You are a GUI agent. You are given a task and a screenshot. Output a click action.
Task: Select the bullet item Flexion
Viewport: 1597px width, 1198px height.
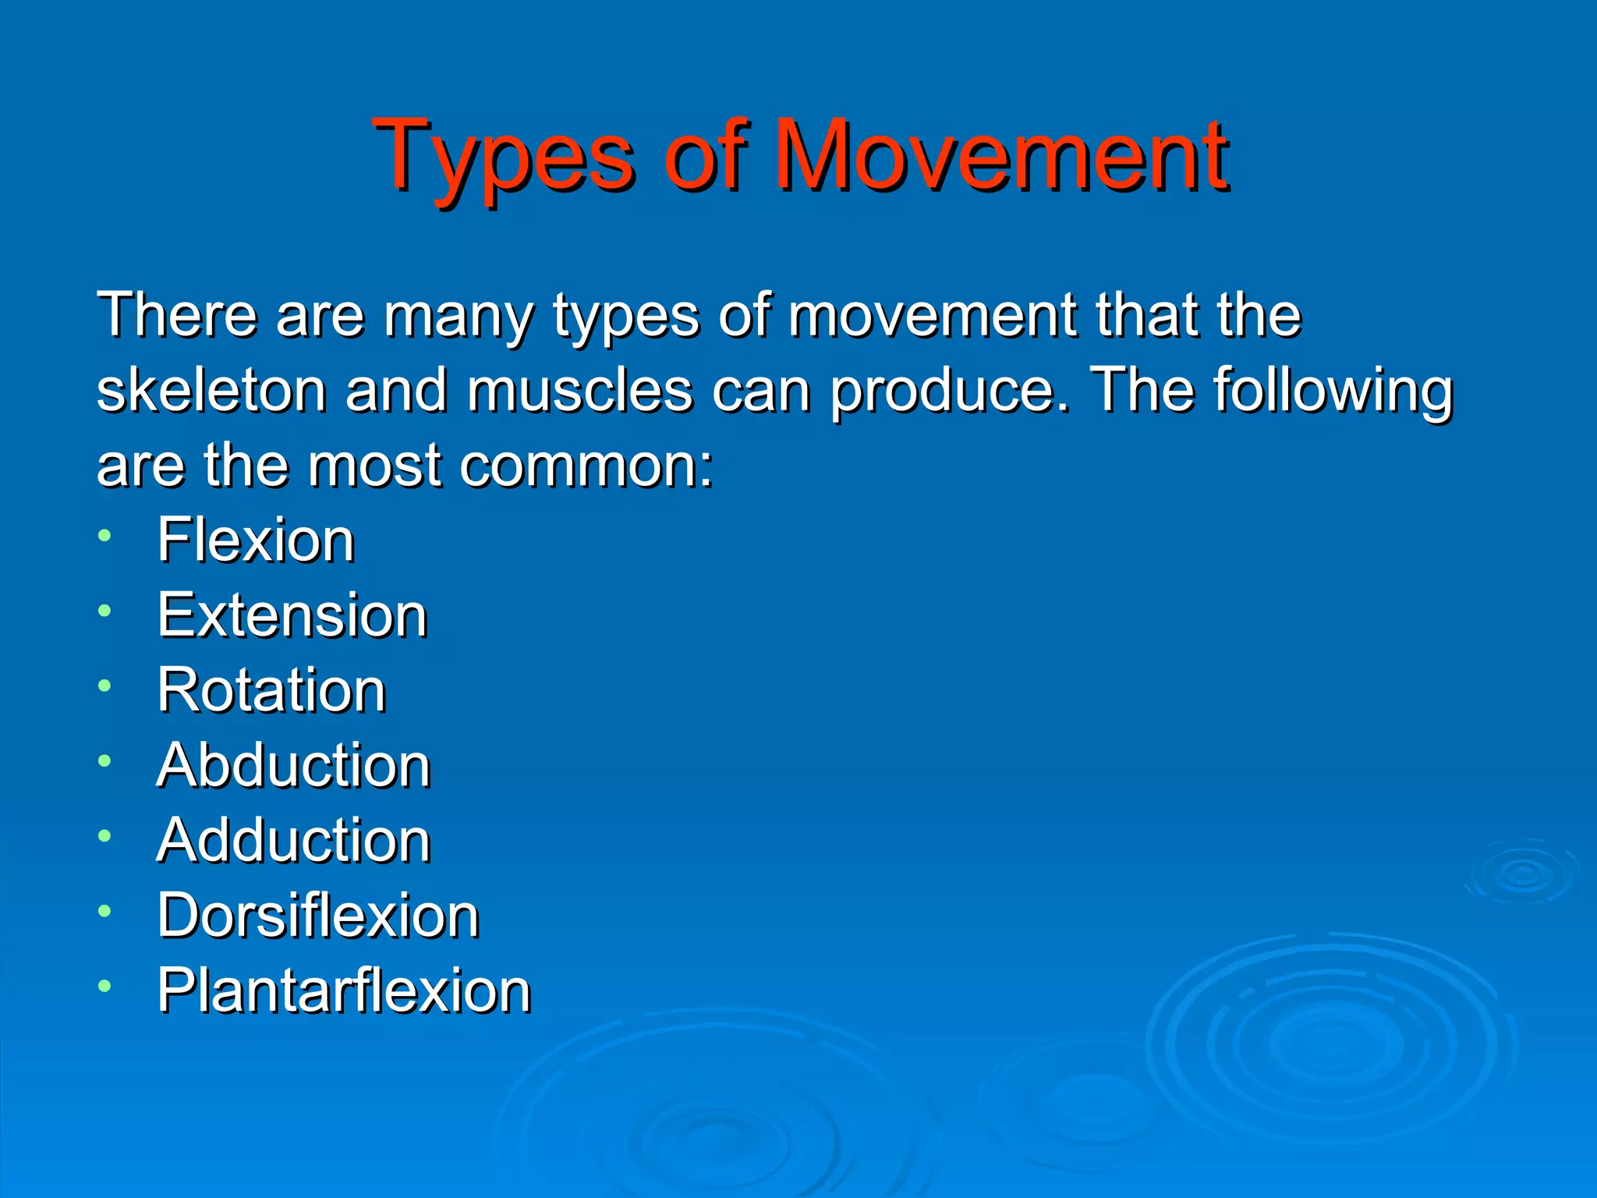click(256, 540)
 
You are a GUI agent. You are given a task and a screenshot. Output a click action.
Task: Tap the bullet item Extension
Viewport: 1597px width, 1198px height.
click(292, 615)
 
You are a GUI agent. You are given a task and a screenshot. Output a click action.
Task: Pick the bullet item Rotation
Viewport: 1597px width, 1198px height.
click(271, 690)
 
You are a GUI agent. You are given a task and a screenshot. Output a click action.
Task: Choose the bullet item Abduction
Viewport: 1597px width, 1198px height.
click(293, 765)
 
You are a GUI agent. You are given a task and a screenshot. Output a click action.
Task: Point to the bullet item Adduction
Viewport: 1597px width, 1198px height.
click(293, 841)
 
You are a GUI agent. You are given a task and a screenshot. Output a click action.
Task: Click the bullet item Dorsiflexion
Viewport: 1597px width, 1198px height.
click(318, 916)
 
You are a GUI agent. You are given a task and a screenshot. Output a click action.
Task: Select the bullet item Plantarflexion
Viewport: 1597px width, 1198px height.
click(344, 991)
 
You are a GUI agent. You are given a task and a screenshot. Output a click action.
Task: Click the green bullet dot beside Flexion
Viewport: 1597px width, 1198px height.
click(104, 535)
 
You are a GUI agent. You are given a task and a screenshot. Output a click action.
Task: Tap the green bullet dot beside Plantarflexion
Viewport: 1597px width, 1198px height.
click(104, 986)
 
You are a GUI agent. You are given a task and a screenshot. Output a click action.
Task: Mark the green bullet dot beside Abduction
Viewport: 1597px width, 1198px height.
click(104, 760)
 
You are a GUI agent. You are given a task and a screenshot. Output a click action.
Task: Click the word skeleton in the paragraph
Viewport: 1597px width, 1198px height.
click(211, 390)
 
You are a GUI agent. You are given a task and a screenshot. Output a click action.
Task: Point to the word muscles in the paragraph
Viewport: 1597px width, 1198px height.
click(579, 390)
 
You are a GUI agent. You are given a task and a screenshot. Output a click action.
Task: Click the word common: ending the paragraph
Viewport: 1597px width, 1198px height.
click(586, 466)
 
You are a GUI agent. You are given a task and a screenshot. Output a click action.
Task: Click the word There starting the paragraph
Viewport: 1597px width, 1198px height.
click(177, 315)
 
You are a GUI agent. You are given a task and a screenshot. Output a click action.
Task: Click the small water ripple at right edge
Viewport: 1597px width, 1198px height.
click(1522, 873)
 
